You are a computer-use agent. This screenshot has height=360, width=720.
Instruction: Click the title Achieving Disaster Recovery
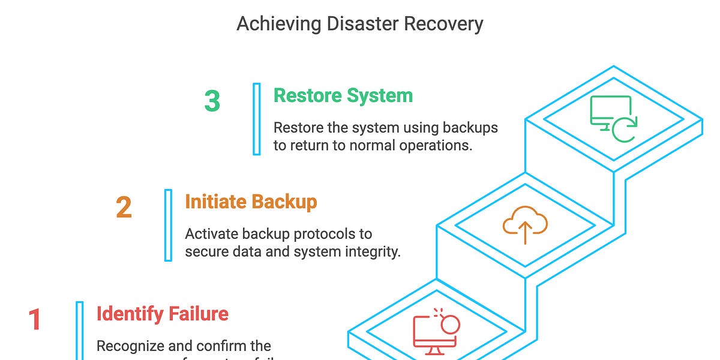[x=359, y=24]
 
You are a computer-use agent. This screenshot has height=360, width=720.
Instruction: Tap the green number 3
[x=212, y=101]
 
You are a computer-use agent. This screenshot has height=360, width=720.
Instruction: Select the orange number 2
[x=124, y=208]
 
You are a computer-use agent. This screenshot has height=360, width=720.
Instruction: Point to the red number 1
[x=35, y=319]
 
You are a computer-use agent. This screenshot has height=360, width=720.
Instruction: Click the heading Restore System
[x=343, y=95]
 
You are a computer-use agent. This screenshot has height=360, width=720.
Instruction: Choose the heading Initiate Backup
[x=251, y=202]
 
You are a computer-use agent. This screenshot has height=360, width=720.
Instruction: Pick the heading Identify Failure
[x=162, y=313]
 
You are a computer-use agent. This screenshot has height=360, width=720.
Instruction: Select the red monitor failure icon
[x=436, y=331]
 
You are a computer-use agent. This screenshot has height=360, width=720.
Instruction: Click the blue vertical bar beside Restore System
[x=257, y=119]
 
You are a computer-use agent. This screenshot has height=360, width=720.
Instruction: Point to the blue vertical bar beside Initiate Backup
[x=168, y=225]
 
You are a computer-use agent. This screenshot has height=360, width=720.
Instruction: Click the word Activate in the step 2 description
[x=209, y=234]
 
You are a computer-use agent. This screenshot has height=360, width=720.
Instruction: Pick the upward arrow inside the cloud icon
[x=525, y=232]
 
